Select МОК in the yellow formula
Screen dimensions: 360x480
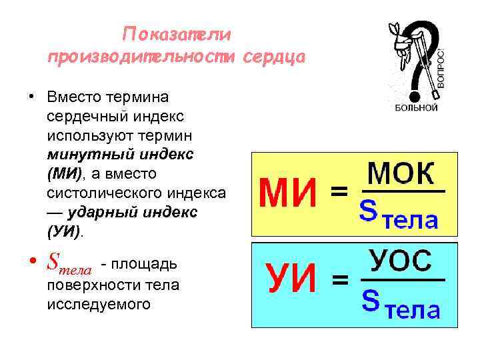coord(401,175)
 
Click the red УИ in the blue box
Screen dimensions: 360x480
coord(291,282)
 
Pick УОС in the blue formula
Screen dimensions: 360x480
coord(401,261)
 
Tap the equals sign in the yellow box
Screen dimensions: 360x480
coord(339,193)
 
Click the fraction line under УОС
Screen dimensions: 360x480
coord(401,279)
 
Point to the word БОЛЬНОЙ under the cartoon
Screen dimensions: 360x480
coord(416,107)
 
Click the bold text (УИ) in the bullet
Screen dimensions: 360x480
coord(64,231)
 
